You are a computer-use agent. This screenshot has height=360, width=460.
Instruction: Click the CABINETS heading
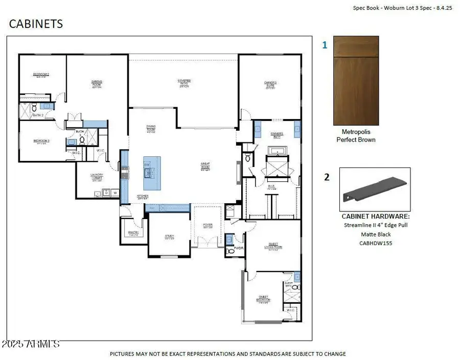[x=36, y=23]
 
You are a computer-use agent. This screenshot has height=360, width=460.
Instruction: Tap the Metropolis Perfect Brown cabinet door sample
[x=356, y=81]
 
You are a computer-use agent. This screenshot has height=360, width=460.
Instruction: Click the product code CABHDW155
[x=375, y=244]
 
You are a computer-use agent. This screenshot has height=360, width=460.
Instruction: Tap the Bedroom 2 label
[x=41, y=75]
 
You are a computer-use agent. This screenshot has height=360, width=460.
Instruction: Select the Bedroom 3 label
[x=41, y=141]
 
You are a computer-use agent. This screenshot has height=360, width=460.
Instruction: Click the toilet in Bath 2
[x=34, y=108]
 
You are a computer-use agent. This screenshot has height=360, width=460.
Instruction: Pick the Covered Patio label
[x=184, y=82]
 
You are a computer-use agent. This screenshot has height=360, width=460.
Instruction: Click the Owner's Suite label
[x=270, y=84]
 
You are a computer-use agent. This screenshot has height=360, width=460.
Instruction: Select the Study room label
[x=169, y=237]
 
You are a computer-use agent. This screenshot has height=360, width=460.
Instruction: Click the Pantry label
[x=133, y=232]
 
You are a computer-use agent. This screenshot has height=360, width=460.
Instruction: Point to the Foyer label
[x=208, y=225]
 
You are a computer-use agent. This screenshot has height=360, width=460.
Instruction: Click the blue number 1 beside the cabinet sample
[x=325, y=45]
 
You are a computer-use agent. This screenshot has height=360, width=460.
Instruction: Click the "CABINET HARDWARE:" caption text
[x=375, y=216]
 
